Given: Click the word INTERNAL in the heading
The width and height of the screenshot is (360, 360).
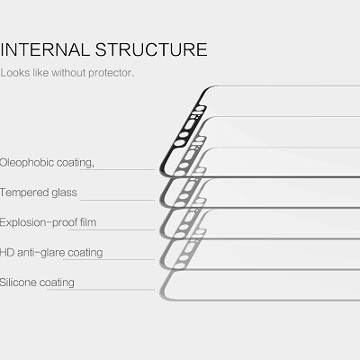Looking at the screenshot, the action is coord(44,49).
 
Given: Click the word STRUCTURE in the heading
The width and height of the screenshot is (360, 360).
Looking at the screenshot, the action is coord(151,49).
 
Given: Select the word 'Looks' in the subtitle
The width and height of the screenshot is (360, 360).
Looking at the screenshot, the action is coord(15,73).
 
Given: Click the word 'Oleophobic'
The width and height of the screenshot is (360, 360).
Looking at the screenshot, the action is coord(27,163).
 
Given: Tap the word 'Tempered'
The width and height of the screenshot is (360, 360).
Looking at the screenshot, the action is coord(24,193).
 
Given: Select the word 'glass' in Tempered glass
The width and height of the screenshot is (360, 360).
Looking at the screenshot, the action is coord(64,193).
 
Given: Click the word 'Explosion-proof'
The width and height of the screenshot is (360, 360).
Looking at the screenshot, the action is coord(39,222).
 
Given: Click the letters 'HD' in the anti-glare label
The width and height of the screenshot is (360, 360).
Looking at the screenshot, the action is coord(7,252).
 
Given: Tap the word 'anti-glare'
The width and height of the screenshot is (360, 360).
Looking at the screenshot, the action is coord(41,253).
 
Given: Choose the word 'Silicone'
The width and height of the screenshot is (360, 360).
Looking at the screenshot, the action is coord(18,283).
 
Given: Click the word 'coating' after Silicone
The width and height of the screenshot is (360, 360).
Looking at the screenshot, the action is coord(57,283).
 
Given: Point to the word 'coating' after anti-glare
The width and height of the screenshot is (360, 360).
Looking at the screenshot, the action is coord(85,253).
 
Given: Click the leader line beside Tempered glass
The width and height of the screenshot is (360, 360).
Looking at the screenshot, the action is coord(118,200).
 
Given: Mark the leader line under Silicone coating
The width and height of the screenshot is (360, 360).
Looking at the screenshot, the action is coord(101,290).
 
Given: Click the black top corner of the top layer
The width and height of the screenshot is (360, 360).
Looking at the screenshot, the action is coord(209,88).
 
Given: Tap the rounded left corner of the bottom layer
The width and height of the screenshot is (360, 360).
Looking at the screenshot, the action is coord(164,295).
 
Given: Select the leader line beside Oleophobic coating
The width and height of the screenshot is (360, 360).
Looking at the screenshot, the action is coord(118,170).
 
